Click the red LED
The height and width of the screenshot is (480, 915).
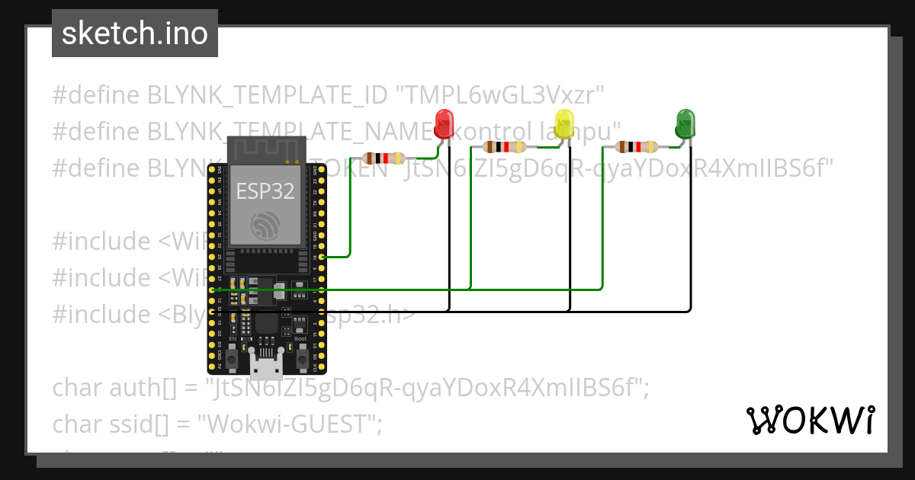tap(444, 123)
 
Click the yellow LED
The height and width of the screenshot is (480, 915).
tap(564, 124)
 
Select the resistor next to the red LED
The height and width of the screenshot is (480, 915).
tap(384, 158)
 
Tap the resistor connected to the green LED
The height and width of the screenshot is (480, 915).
tap(637, 147)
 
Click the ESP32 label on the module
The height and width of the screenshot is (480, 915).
tap(265, 190)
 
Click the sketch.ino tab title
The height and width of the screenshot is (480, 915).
tap(135, 34)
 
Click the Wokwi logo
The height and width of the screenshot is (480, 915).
tap(810, 420)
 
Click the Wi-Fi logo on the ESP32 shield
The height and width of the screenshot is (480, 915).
tap(266, 225)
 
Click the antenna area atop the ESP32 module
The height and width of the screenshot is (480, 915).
tap(265, 149)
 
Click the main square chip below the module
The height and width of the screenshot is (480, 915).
tap(266, 324)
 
